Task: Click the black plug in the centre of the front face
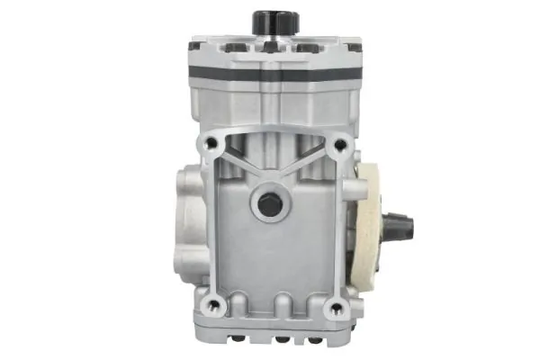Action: click(x=268, y=204)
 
